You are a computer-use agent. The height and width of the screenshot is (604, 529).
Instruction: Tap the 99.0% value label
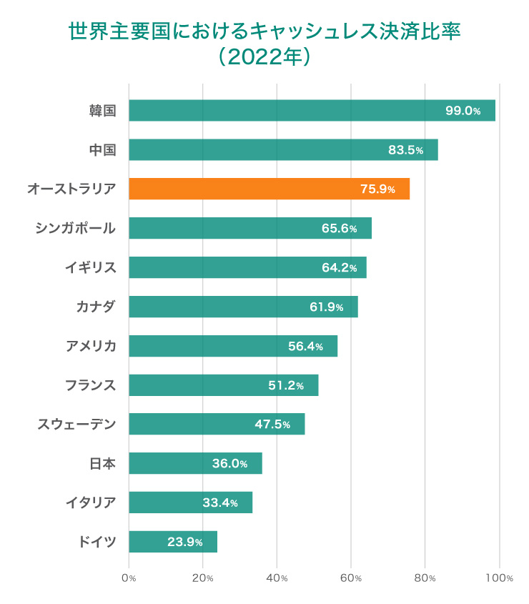click(463, 111)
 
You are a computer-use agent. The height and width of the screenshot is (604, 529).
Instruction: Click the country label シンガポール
click(75, 228)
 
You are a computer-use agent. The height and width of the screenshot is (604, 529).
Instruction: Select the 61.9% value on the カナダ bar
click(326, 307)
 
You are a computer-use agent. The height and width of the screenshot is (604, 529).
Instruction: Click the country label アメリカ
click(91, 346)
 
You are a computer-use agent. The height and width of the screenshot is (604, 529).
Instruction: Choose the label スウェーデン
click(76, 425)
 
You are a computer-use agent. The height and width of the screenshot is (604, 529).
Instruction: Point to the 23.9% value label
click(185, 542)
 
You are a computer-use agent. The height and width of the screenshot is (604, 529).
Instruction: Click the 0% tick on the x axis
click(129, 578)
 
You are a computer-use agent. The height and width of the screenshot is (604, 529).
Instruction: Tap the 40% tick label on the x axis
click(277, 578)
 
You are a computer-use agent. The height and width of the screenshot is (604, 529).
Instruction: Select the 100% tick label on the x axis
click(499, 578)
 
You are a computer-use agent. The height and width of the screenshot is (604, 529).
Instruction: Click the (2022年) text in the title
click(264, 57)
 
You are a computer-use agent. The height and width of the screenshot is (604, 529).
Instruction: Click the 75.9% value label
click(377, 189)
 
